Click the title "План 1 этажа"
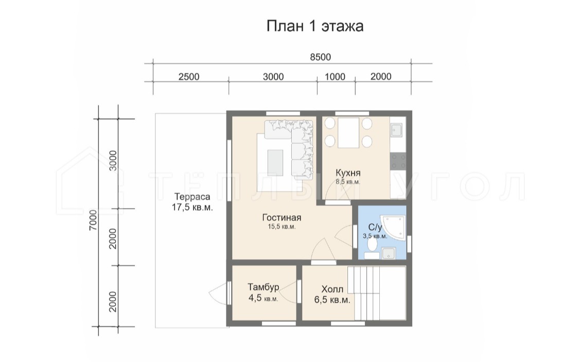pyautogui.click(x=314, y=26)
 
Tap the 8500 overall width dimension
pyautogui.click(x=320, y=57)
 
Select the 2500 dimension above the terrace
pyautogui.click(x=189, y=77)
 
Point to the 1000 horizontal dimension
pyautogui.click(x=335, y=77)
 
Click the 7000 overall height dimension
pyautogui.click(x=93, y=220)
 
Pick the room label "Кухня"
pyautogui.click(x=348, y=173)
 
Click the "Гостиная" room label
pyautogui.click(x=282, y=218)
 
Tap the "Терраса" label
pyautogui.click(x=192, y=197)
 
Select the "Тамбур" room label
pyautogui.click(x=264, y=287)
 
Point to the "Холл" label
pyautogui.click(x=332, y=289)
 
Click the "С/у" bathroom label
pyautogui.click(x=375, y=227)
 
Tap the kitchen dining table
pyautogui.click(x=348, y=133)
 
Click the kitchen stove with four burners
pyautogui.click(x=398, y=161)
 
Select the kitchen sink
pyautogui.click(x=398, y=130)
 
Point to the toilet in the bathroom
pyautogui.click(x=373, y=245)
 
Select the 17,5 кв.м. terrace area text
pyautogui.click(x=192, y=207)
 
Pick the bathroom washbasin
pyautogui.click(x=388, y=254)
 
